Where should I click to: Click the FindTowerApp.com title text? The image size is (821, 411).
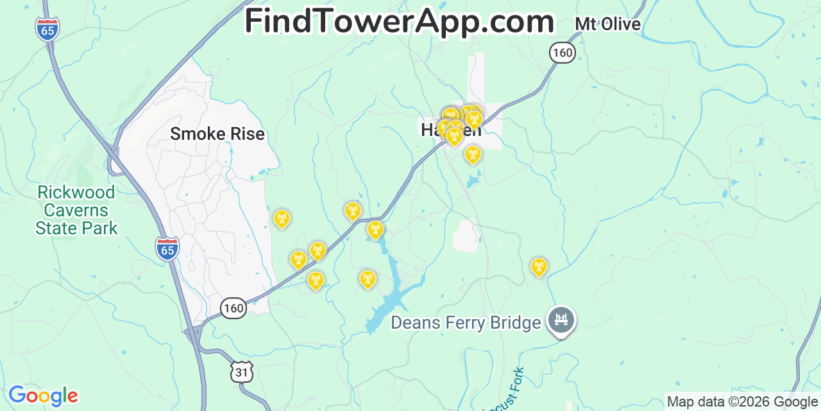[x=399, y=21]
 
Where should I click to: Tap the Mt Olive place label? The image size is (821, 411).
[x=607, y=24]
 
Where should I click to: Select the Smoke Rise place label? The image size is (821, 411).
[x=217, y=134]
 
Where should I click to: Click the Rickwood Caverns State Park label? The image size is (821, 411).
[x=76, y=210]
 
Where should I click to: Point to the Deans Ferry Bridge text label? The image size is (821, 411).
[x=466, y=322]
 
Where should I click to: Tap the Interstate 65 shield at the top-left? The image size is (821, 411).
[x=47, y=29]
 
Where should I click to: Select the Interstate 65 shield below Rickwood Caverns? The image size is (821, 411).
[x=167, y=249]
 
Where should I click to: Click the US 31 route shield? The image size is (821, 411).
[x=242, y=372]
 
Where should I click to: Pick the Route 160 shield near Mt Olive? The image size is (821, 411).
[x=562, y=52]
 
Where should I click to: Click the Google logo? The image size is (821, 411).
[x=43, y=396]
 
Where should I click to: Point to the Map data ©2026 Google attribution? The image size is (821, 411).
[x=742, y=402]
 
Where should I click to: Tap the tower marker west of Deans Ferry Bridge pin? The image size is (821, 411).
[x=539, y=267]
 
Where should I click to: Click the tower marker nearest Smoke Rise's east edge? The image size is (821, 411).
[x=281, y=219]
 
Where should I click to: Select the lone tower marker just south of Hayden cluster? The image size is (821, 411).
[x=473, y=154]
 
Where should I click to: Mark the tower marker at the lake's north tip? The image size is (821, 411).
[x=375, y=229]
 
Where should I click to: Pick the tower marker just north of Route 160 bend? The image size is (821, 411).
[x=353, y=211]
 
